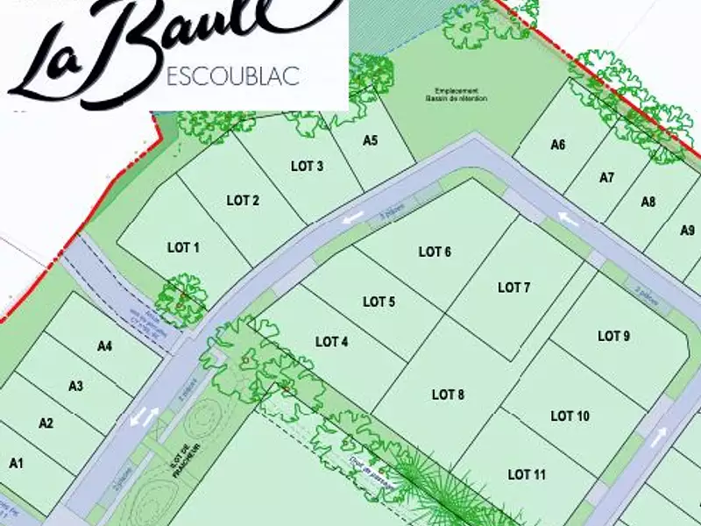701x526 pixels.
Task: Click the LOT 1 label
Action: [183, 248]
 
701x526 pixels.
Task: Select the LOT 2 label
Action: [243, 201]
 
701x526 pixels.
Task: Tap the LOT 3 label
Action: [307, 167]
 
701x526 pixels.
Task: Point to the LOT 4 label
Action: [332, 342]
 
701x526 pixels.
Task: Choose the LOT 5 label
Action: [379, 302]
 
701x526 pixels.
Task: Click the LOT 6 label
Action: [435, 252]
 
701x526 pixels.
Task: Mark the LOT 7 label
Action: [514, 288]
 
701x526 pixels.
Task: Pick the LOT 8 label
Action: [448, 395]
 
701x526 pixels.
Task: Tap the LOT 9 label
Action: [613, 336]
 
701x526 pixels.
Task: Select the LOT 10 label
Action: [570, 416]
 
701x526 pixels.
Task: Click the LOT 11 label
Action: [527, 474]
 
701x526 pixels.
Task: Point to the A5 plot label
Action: [370, 140]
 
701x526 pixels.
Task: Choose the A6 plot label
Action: [558, 146]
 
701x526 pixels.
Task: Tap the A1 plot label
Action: [16, 462]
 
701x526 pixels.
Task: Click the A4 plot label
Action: [105, 346]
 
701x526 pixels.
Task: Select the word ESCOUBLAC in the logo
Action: [232, 76]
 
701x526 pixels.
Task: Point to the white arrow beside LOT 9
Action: [569, 219]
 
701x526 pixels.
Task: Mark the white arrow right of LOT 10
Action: [658, 436]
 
